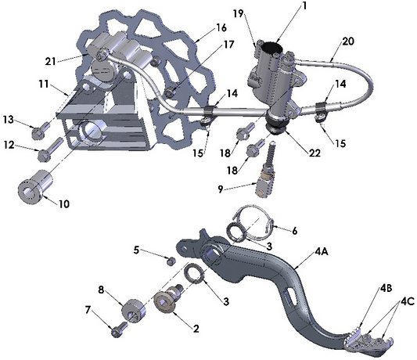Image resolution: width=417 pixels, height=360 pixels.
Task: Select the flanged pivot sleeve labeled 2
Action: click(x=168, y=301)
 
